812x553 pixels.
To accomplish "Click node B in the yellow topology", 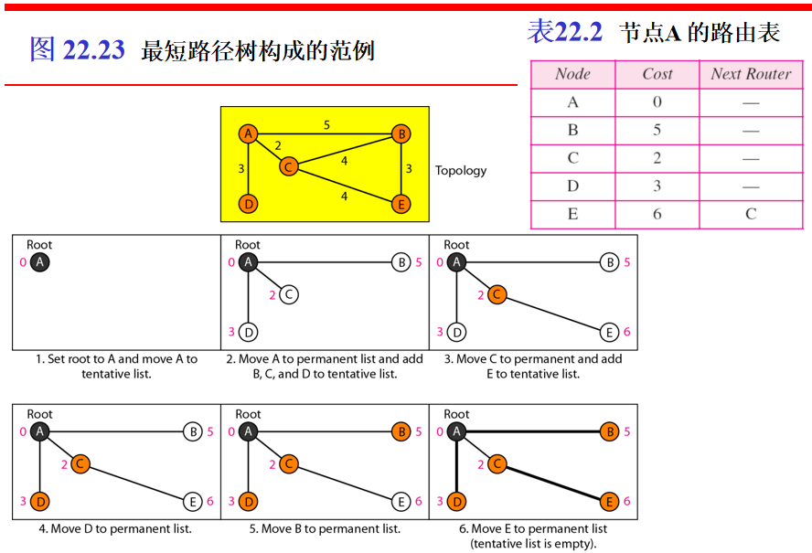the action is coord(401,134).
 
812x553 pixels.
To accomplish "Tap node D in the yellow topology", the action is coord(248,204).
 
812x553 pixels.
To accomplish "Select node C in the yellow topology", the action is coord(288,166).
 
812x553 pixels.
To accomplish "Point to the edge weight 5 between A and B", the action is coord(326,124).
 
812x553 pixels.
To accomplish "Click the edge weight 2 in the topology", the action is coord(278,145).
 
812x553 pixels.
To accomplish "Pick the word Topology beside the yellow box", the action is coord(461,171).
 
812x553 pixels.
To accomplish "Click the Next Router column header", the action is coord(751,75).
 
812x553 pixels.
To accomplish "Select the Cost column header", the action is coord(657,75).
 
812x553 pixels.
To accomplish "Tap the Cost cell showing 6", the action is coord(657,214).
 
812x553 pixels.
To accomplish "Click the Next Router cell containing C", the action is coord(751,214).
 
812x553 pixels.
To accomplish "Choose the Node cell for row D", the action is coord(572,186).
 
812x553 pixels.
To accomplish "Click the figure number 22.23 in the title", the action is coord(93,50).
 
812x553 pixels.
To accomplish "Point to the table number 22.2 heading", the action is coord(579,33).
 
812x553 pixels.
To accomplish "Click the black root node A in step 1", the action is coord(39,262).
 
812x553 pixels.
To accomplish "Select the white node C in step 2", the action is coord(288,294).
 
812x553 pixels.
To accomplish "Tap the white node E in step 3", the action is coord(609,332).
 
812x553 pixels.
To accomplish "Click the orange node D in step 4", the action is coord(39,502).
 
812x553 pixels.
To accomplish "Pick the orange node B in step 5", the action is coord(401,431).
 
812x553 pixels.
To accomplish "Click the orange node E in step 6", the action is coord(609,502).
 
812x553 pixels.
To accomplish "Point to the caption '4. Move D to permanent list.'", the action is coord(115,529).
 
